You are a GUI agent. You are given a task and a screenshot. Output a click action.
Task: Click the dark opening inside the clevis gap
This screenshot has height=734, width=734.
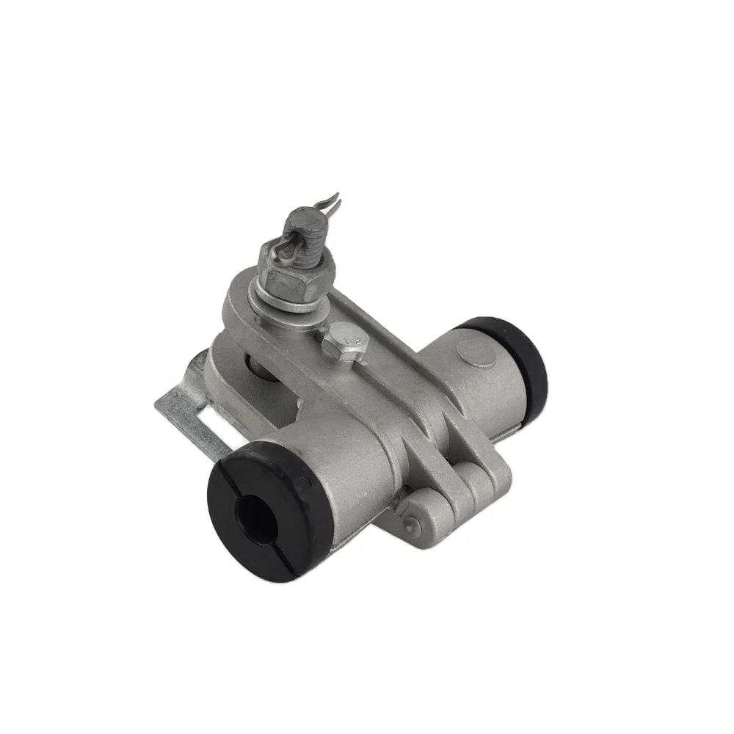coord(250,363)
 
